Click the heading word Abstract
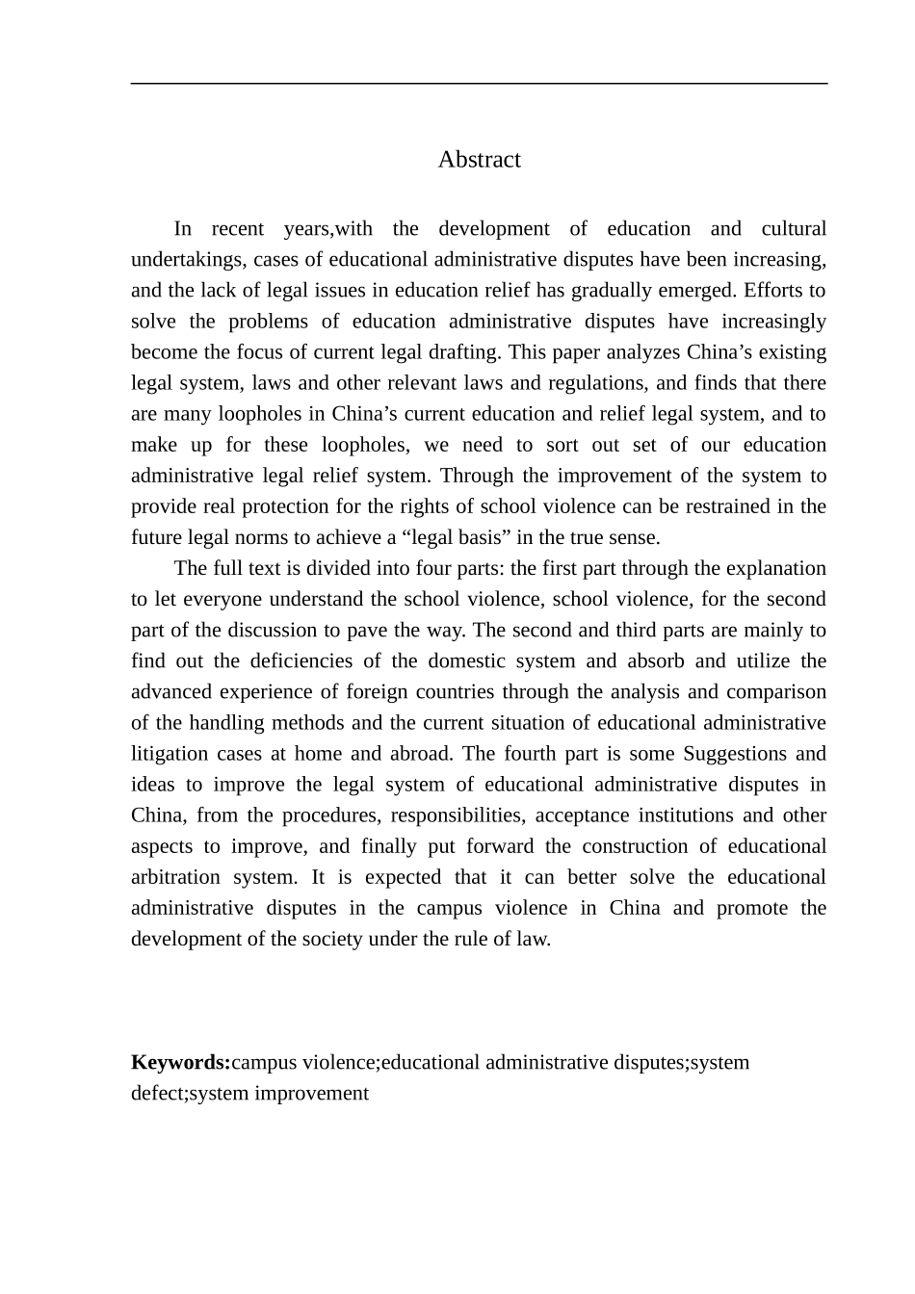tap(479, 160)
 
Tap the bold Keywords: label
tap(180, 1063)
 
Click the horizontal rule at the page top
tap(479, 84)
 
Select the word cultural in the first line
tap(794, 229)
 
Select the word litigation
tap(169, 753)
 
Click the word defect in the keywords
tap(157, 1094)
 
